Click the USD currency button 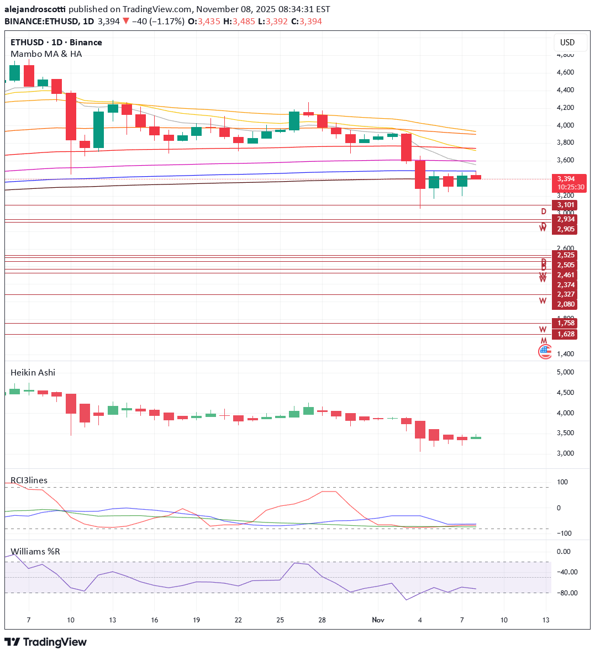pyautogui.click(x=567, y=43)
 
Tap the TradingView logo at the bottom pyautogui.click(x=46, y=642)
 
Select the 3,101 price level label pyautogui.click(x=565, y=205)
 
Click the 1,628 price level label pyautogui.click(x=565, y=334)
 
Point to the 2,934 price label pyautogui.click(x=565, y=219)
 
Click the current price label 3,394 pyautogui.click(x=568, y=179)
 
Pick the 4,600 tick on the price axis pyautogui.click(x=565, y=72)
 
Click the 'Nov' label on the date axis pyautogui.click(x=378, y=620)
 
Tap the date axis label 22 pyautogui.click(x=238, y=620)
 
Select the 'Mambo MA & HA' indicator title pyautogui.click(x=46, y=54)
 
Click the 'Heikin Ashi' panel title pyautogui.click(x=33, y=372)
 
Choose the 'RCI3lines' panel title pyautogui.click(x=29, y=480)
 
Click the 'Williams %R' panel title pyautogui.click(x=35, y=551)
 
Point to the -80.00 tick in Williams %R pyautogui.click(x=564, y=593)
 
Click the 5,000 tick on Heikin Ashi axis pyautogui.click(x=565, y=372)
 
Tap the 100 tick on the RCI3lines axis pyautogui.click(x=562, y=482)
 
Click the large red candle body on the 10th pyautogui.click(x=71, y=117)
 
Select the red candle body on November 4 pyautogui.click(x=420, y=175)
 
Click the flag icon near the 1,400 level pyautogui.click(x=545, y=351)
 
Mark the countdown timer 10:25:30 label pyautogui.click(x=571, y=187)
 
